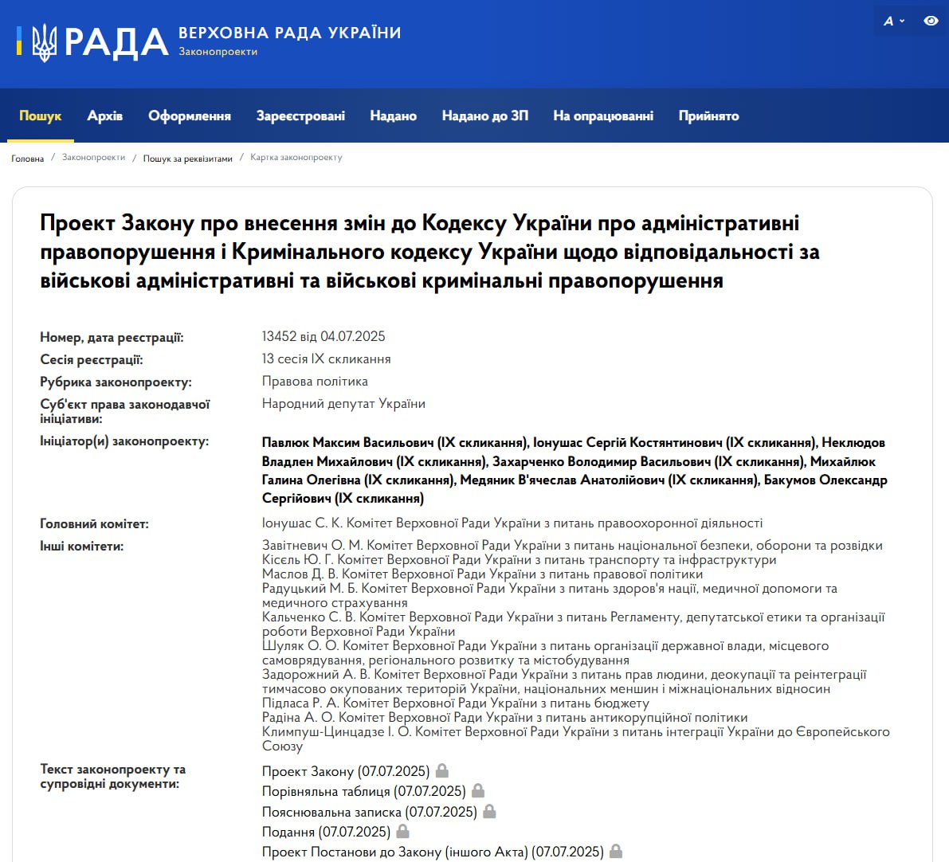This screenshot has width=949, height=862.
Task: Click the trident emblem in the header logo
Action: [44, 42]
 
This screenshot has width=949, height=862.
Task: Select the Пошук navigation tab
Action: [40, 116]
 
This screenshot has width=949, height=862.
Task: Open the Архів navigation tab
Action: [104, 116]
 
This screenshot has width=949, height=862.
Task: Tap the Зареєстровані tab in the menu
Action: [300, 116]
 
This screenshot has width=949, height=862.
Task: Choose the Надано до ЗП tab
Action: [484, 116]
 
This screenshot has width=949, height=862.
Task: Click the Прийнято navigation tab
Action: [708, 116]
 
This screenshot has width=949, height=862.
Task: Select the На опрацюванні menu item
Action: [603, 116]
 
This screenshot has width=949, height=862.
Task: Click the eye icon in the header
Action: [931, 22]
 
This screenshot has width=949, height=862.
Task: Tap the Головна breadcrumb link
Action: [28, 159]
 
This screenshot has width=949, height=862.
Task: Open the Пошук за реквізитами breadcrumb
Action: [187, 159]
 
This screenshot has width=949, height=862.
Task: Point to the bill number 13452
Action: [279, 337]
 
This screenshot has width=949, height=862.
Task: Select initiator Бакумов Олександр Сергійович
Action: [825, 480]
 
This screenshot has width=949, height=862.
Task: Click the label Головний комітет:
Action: [94, 524]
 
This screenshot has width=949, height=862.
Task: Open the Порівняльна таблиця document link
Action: [363, 791]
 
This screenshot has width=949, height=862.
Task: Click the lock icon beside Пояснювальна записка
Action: [489, 811]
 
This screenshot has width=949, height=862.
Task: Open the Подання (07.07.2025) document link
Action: [326, 832]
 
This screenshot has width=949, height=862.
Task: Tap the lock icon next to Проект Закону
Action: [442, 770]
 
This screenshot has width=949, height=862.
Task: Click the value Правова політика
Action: [315, 382]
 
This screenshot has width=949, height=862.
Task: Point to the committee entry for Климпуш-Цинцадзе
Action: [575, 732]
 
